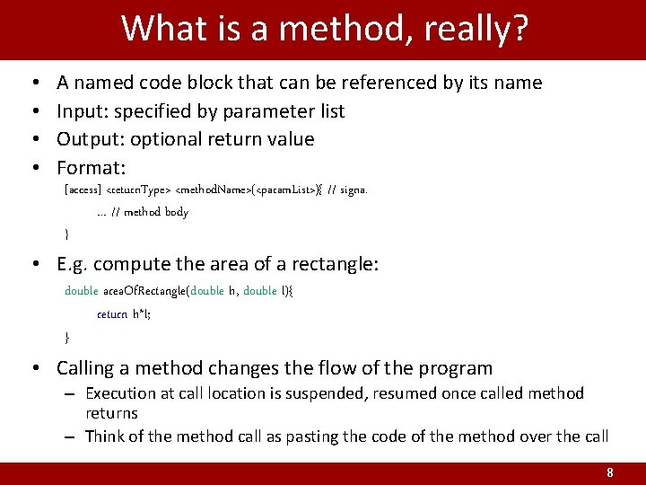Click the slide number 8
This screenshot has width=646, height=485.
pyautogui.click(x=610, y=473)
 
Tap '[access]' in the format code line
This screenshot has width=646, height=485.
pyautogui.click(x=83, y=190)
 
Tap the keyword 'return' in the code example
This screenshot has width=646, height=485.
pyautogui.click(x=112, y=314)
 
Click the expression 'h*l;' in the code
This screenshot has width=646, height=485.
pyautogui.click(x=142, y=314)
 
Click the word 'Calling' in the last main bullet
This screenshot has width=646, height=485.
pyautogui.click(x=88, y=368)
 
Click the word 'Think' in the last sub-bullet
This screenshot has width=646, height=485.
pyautogui.click(x=105, y=436)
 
